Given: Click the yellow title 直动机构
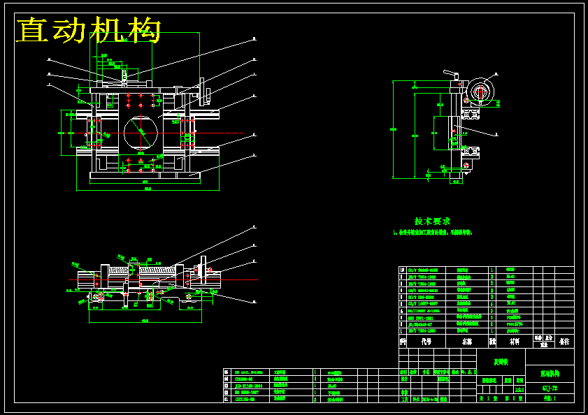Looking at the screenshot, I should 89,31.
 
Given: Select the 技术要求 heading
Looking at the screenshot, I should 432,221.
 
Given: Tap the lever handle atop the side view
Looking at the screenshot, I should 450,73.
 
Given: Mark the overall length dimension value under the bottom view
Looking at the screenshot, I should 145,321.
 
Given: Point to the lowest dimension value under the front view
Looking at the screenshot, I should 145,188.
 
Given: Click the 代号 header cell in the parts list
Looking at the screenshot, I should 426,342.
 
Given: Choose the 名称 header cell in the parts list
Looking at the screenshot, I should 466,342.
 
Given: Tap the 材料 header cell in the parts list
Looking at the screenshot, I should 514,342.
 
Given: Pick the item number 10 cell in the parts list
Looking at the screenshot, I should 402,270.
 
